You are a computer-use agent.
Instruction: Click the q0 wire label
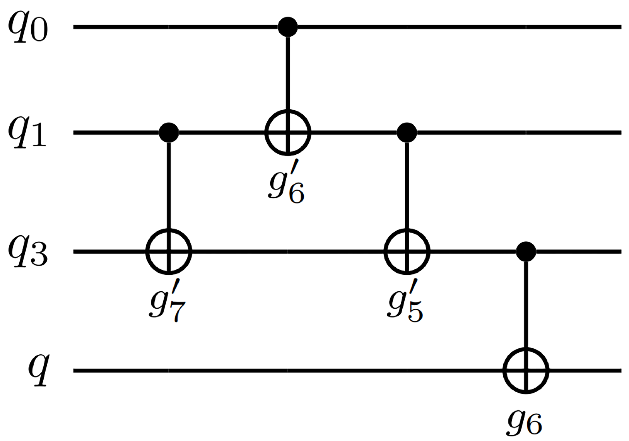coord(28,28)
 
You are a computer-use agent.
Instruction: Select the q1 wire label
coord(28,133)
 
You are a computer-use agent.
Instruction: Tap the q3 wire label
coord(28,253)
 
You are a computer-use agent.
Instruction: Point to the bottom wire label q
coord(39,369)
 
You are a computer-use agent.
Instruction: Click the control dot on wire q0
coord(288,27)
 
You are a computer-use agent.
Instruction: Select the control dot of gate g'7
coord(169,133)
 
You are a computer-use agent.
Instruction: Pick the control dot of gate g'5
coord(407,133)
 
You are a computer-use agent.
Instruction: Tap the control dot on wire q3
coord(526,251)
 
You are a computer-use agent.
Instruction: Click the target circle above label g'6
coord(288,133)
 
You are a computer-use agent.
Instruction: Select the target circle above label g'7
coord(169,251)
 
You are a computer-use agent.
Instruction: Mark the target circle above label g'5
coord(407,251)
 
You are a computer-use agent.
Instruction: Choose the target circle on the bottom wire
coord(526,370)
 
